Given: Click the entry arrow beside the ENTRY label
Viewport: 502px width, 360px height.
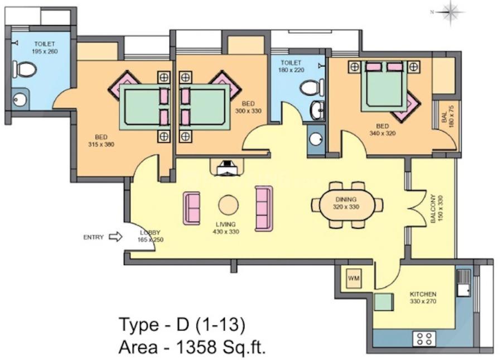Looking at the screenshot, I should tap(115, 237).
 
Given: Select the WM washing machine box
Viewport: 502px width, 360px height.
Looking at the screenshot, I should tap(354, 278).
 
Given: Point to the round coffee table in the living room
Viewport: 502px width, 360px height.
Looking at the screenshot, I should tap(229, 205).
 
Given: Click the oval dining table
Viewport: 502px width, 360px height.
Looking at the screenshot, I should tap(346, 205).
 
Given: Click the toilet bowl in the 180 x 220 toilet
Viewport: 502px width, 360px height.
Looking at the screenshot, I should tap(310, 88).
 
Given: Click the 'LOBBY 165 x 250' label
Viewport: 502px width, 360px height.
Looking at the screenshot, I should tap(150, 236).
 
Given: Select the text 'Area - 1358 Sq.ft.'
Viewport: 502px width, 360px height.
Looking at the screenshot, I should tap(191, 348).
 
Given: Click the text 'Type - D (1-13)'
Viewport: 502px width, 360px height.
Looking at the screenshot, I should tap(181, 324).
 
